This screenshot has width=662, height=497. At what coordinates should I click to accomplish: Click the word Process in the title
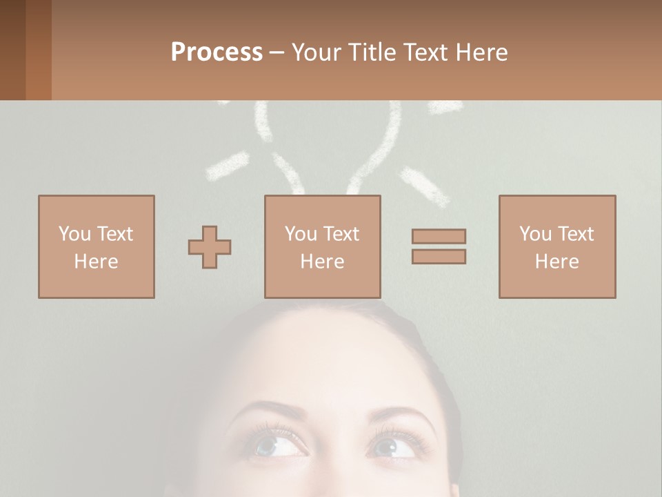217,52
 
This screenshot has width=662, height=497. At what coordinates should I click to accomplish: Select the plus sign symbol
210,247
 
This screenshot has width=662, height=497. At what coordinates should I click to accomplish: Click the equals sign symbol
439,246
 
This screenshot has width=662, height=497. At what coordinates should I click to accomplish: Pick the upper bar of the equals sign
439,236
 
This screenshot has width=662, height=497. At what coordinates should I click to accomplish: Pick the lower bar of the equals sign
439,257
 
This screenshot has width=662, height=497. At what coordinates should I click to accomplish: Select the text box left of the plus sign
97,246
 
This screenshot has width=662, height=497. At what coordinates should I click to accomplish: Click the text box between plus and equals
323,246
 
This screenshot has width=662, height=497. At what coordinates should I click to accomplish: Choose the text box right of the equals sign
557,246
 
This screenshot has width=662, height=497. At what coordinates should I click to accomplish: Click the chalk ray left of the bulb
227,167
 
